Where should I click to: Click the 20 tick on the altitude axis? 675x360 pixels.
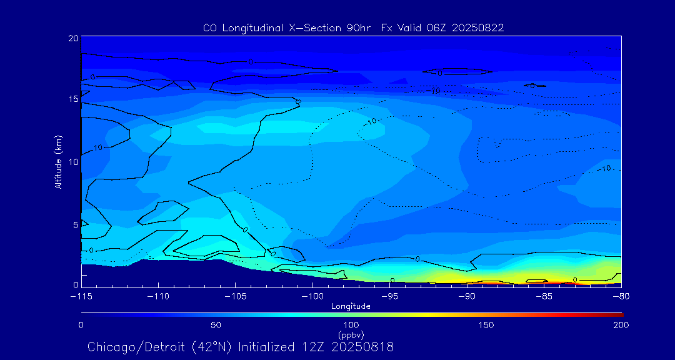click(x=74, y=38)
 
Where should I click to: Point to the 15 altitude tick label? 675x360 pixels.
click(x=74, y=99)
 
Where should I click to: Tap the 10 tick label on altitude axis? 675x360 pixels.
click(x=74, y=162)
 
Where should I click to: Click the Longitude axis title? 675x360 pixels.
click(x=351, y=306)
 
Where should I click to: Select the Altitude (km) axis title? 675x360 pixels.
click(x=58, y=162)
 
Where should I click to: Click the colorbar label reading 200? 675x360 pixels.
click(x=621, y=325)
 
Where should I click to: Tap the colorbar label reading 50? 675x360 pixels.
click(x=216, y=325)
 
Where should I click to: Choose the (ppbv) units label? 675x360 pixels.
click(x=351, y=334)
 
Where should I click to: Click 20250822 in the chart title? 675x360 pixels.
click(x=477, y=27)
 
